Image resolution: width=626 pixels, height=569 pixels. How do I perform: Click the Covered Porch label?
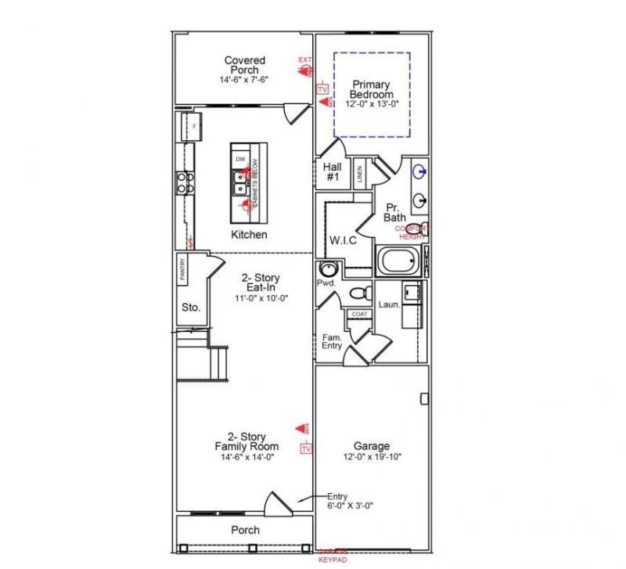coord(244,65)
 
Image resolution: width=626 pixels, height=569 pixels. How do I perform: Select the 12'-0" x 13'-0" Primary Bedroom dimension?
coord(372,104)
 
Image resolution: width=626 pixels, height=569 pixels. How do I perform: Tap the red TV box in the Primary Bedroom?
coord(322,89)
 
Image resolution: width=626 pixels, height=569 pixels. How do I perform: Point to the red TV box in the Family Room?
coord(306,448)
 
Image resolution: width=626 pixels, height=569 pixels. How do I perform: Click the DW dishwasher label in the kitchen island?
coord(240,159)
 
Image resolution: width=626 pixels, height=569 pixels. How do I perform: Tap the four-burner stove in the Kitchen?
coord(185,182)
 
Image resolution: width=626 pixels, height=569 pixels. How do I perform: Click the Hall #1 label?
coord(332,172)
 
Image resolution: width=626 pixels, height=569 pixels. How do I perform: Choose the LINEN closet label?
coord(358,173)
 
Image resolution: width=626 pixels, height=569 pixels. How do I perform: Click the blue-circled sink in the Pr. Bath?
coord(420,170)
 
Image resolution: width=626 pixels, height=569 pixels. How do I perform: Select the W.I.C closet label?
coord(342,240)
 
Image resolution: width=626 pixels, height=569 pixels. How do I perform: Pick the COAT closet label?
coord(359,314)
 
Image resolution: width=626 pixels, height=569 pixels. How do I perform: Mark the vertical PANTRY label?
coord(182,271)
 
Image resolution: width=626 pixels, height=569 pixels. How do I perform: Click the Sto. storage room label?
coord(191,308)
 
